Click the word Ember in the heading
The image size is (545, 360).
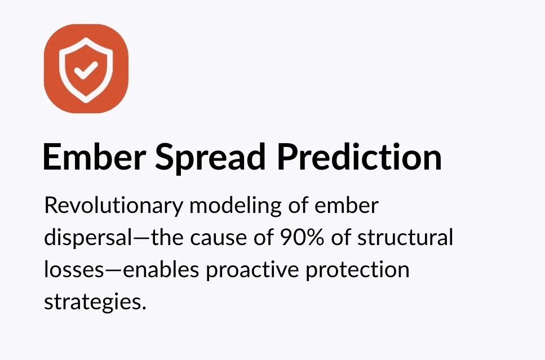click(x=94, y=157)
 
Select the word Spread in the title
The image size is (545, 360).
click(x=210, y=158)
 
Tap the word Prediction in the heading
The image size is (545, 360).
click(x=359, y=157)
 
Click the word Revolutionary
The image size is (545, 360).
click(x=113, y=206)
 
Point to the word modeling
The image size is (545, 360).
click(x=236, y=206)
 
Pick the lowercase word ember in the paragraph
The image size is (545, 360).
click(x=346, y=206)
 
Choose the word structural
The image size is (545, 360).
click(x=405, y=237)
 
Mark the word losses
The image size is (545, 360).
click(x=74, y=270)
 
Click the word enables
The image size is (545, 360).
click(x=161, y=270)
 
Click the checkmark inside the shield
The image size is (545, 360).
click(x=86, y=69)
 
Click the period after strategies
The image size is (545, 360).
click(x=144, y=308)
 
